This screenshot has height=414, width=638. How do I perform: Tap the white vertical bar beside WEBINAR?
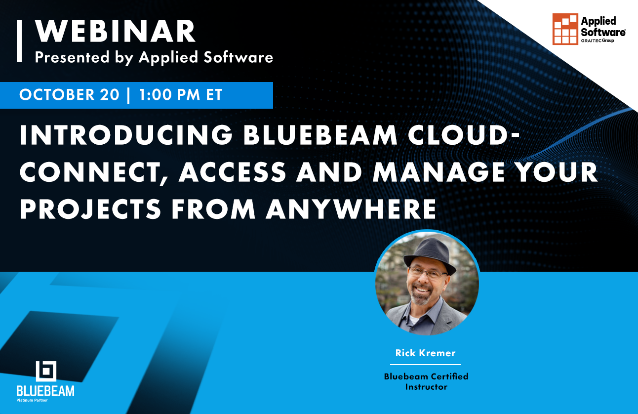tap(19, 41)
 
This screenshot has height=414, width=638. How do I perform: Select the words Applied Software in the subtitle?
tap(206, 57)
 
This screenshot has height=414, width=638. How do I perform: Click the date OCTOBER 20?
tap(69, 95)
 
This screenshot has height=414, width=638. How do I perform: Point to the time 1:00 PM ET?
tap(181, 95)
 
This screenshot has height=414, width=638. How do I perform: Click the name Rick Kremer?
tap(425, 353)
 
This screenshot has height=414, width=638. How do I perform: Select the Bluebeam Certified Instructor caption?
tap(426, 381)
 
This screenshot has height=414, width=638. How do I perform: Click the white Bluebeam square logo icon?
tap(46, 372)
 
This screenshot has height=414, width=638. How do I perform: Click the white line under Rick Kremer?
tap(425, 365)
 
